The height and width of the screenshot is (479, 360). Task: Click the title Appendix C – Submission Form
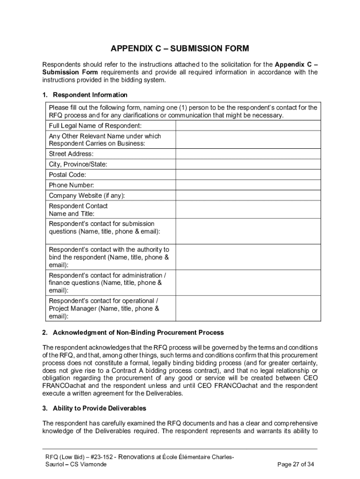(x=180, y=49)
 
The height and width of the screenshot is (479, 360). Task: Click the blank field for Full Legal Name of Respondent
(x=248, y=126)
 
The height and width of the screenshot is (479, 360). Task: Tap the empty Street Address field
(x=248, y=154)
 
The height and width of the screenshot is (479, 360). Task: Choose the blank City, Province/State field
(x=248, y=164)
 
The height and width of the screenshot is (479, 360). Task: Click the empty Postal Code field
(x=248, y=174)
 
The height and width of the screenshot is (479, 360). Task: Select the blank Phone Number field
(x=248, y=185)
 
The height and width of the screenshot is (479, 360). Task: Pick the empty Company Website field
(x=248, y=195)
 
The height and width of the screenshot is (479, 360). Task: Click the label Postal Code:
(x=67, y=174)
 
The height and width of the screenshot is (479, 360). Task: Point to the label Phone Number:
(x=71, y=185)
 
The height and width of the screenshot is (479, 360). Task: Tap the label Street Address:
(x=71, y=154)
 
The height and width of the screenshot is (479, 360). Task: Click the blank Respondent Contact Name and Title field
(x=248, y=210)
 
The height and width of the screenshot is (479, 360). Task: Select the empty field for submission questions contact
(x=248, y=231)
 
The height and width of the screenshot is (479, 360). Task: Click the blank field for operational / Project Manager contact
(x=248, y=308)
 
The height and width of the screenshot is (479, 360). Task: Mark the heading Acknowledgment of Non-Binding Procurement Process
(x=138, y=333)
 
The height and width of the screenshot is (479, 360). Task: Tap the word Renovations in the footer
(x=137, y=457)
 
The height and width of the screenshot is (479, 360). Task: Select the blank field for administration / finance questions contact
(x=248, y=283)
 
